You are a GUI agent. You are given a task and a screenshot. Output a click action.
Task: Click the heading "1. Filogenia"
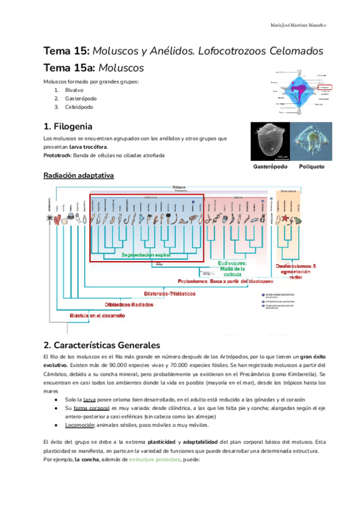click(68, 127)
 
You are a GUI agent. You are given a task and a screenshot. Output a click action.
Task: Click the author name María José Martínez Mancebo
click(298, 26)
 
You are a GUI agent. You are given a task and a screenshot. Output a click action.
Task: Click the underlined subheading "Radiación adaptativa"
click(79, 175)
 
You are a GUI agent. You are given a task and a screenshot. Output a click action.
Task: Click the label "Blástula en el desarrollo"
click(98, 315)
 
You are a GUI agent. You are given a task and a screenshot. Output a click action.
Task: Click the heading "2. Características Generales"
click(102, 345)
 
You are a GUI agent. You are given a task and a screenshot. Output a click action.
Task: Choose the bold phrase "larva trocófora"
click(89, 146)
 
